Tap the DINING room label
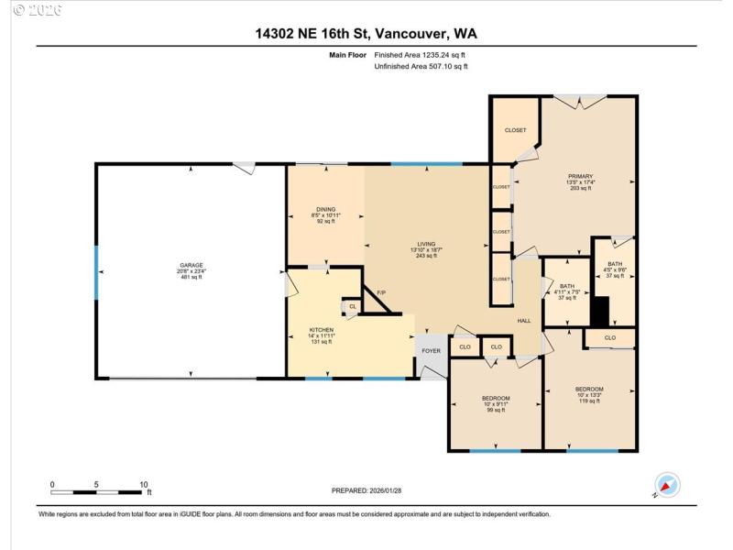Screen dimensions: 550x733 pyautogui.click(x=326, y=209)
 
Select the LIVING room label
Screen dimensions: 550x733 pyautogui.click(x=426, y=244)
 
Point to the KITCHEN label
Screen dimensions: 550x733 pyautogui.click(x=322, y=330)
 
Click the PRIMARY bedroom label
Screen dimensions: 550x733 pyautogui.click(x=580, y=176)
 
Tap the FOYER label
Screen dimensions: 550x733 pyautogui.click(x=431, y=350)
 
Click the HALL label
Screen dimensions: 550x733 pyautogui.click(x=524, y=321)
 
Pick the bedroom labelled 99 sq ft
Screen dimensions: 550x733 pyautogui.click(x=495, y=399)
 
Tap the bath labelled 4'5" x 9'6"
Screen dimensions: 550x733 pyautogui.click(x=615, y=265)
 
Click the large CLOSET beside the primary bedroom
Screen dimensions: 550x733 pyautogui.click(x=516, y=130)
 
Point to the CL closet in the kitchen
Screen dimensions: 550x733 pyautogui.click(x=352, y=306)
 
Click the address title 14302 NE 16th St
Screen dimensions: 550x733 pyautogui.click(x=366, y=34)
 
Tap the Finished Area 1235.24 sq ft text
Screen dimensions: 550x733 pyautogui.click(x=421, y=55)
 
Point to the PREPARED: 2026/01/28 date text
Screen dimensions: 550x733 pyautogui.click(x=366, y=490)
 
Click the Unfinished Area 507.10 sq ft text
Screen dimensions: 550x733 pyautogui.click(x=421, y=66)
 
